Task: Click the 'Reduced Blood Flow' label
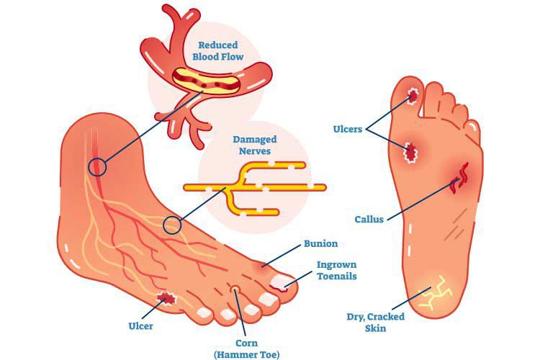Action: [217, 50]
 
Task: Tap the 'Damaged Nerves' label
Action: [254, 145]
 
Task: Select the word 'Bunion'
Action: [320, 243]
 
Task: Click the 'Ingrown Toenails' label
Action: [336, 271]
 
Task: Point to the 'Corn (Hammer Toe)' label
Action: [246, 349]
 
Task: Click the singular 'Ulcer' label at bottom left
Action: [140, 326]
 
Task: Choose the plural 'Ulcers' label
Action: [348, 129]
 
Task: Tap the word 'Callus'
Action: [369, 220]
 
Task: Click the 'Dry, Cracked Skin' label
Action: [375, 322]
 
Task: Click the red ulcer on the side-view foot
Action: [167, 298]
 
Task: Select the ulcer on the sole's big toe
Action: [413, 94]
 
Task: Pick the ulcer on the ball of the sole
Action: [410, 152]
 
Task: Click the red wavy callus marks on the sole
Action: [460, 178]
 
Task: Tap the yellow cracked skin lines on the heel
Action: [435, 292]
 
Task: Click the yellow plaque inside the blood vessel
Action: [206, 82]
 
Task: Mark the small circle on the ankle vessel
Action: [97, 167]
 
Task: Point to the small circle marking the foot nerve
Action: [172, 225]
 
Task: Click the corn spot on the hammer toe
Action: [235, 289]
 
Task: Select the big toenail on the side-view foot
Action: [280, 282]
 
